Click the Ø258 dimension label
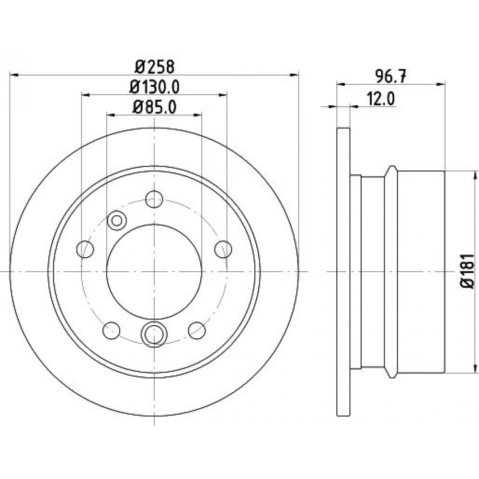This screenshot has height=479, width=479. coord(155,67)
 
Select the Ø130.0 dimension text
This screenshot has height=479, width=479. coord(154,87)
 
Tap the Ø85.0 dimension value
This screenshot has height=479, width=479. coord(154,107)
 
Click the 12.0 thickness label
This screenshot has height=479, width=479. coord(381,99)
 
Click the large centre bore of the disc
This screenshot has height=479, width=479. coord(154,272)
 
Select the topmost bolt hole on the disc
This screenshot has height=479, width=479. coord(154,199)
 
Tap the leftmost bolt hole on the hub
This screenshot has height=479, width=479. coord(85,249)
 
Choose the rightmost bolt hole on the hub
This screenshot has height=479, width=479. coord(223,249)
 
